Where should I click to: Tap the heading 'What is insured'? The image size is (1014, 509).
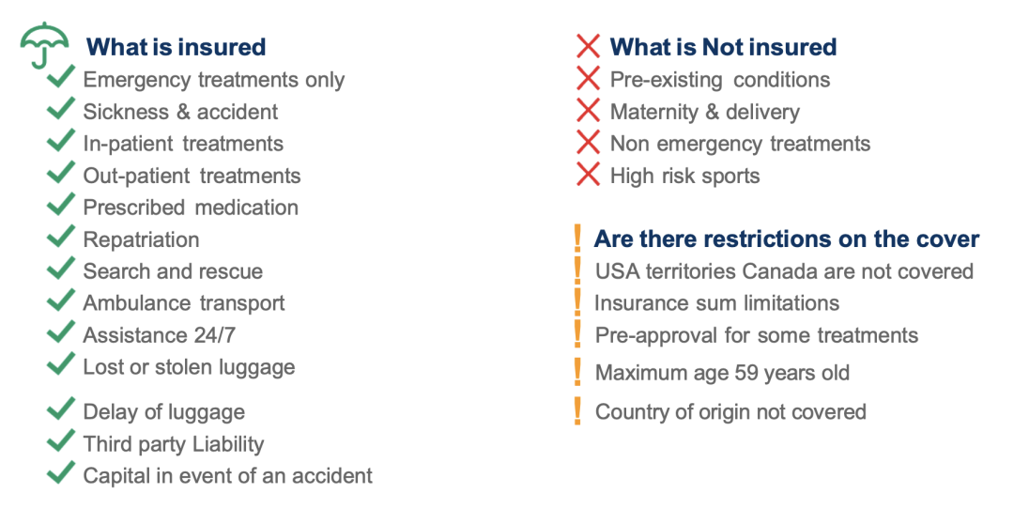click(x=176, y=47)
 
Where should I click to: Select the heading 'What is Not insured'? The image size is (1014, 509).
click(x=723, y=47)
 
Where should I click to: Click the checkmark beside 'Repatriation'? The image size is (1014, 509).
click(x=61, y=236)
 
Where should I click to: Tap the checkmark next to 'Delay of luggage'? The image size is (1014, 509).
click(x=61, y=409)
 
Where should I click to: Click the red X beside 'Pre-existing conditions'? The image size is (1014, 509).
click(x=588, y=79)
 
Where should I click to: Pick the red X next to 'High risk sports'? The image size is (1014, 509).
click(x=588, y=175)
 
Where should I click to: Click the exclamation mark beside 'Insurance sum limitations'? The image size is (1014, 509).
click(x=577, y=301)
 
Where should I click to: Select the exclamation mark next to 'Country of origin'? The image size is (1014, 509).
click(x=577, y=411)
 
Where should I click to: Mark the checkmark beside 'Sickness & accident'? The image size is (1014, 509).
click(x=61, y=108)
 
